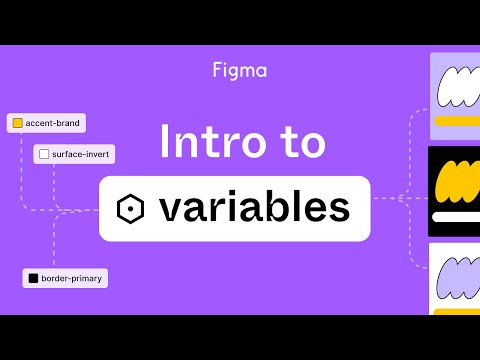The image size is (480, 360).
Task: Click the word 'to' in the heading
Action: pyautogui.click(x=300, y=143)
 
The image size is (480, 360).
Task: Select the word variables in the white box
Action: pyautogui.click(x=254, y=208)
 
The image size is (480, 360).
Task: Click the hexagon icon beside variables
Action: pyautogui.click(x=130, y=209)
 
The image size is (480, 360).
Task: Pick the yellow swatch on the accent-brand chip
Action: pyautogui.click(x=17, y=124)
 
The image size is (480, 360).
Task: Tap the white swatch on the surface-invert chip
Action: pyautogui.click(x=43, y=154)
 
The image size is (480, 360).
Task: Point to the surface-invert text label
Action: pyautogui.click(x=79, y=154)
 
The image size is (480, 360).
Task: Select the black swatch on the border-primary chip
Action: pyautogui.click(x=33, y=278)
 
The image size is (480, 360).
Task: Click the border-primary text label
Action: pyautogui.click(x=71, y=278)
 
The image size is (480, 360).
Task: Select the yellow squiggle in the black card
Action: pyautogui.click(x=456, y=183)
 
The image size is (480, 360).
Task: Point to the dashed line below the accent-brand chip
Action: pyautogui.click(x=22, y=170)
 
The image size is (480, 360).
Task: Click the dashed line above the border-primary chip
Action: pyautogui.click(x=55, y=245)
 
